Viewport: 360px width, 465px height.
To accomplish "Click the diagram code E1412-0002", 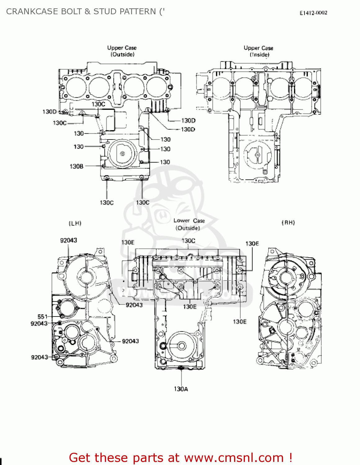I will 313,13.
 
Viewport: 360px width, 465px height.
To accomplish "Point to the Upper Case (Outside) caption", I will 122,51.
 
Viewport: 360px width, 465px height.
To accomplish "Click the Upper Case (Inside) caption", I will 259,51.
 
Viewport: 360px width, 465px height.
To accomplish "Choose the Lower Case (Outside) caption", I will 189,224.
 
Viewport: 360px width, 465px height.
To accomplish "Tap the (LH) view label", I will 75,223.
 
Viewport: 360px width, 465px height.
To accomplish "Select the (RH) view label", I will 288,223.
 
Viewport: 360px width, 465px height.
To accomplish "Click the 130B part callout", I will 76,166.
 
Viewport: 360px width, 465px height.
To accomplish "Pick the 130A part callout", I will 181,389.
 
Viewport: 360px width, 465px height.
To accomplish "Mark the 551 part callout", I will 42,317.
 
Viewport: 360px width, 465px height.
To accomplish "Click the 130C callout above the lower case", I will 188,241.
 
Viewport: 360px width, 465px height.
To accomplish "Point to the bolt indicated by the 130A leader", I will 181,368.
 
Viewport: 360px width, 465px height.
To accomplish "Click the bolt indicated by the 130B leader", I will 104,166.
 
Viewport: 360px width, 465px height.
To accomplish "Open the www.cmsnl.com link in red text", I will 234,458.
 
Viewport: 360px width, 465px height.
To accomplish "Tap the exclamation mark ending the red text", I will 290,458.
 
